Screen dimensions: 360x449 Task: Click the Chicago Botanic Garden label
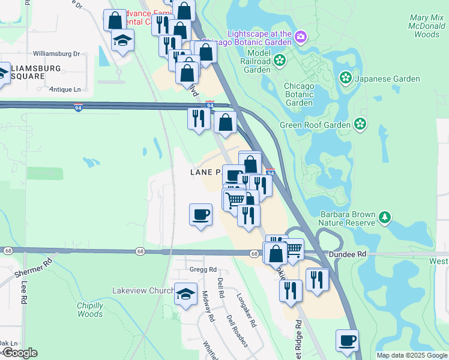(299, 94)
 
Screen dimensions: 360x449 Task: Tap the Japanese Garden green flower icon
(346, 78)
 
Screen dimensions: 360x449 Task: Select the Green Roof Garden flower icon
(360, 124)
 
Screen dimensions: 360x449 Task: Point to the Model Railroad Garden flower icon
(280, 60)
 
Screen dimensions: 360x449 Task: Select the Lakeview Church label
(143, 290)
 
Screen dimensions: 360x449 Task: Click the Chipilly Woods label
(90, 310)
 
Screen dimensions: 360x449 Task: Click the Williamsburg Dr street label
(56, 53)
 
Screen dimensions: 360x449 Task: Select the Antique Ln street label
(65, 89)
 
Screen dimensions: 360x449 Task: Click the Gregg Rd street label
(202, 269)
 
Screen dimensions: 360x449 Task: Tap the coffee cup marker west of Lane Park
(200, 214)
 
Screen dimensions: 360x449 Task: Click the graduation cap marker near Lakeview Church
(185, 294)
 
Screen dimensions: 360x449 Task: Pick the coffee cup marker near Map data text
(347, 340)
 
